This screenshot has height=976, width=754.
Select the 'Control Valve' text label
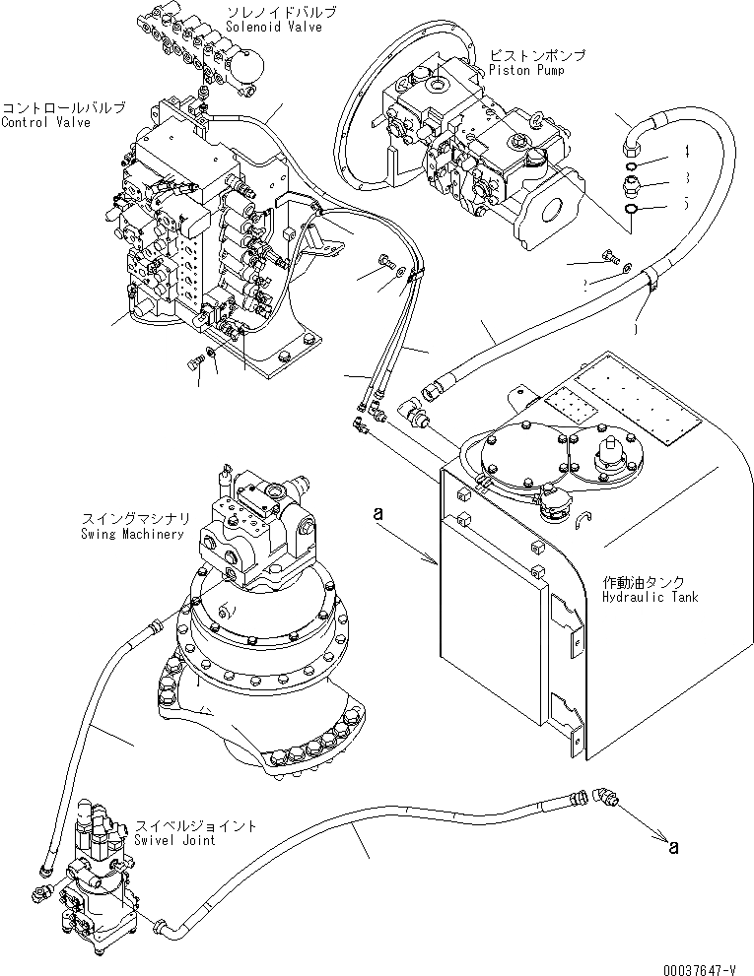[46, 123]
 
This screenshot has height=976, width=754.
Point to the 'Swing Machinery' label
[133, 534]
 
